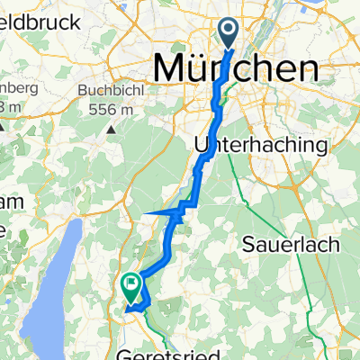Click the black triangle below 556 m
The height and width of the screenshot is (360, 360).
pyautogui.click(x=110, y=127)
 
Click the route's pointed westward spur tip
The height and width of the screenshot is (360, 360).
pyautogui.click(x=145, y=214)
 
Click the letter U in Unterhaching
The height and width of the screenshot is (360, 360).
pyautogui.click(x=202, y=144)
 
